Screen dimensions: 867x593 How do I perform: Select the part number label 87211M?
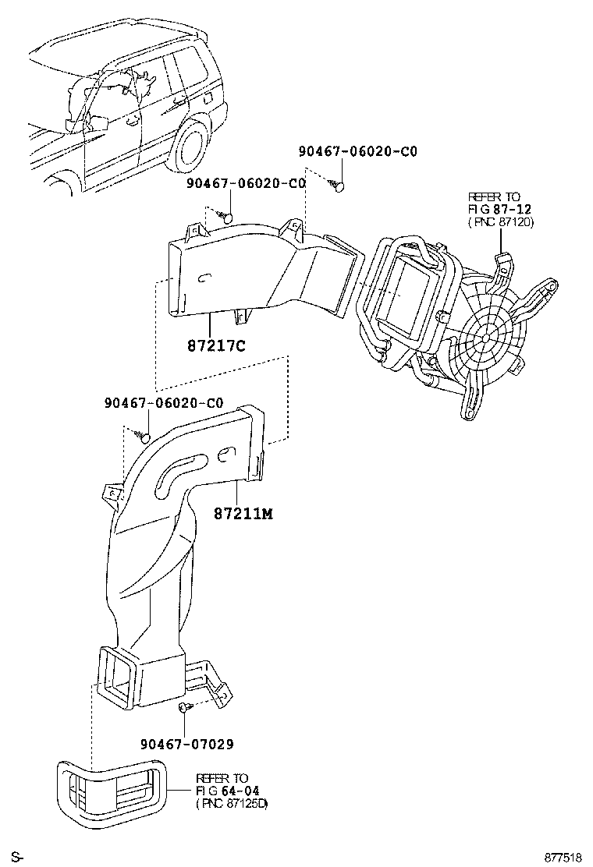point(243,514)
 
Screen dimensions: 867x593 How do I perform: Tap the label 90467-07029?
point(187,744)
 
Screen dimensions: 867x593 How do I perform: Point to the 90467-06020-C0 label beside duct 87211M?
point(164,403)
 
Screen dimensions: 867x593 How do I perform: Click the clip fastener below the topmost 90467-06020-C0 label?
point(338,186)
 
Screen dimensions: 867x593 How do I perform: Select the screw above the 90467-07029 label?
point(183,706)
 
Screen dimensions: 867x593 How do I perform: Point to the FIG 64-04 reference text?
point(222,790)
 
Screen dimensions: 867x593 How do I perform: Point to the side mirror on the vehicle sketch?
point(98,125)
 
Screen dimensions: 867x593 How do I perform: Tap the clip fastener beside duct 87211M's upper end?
point(144,435)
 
